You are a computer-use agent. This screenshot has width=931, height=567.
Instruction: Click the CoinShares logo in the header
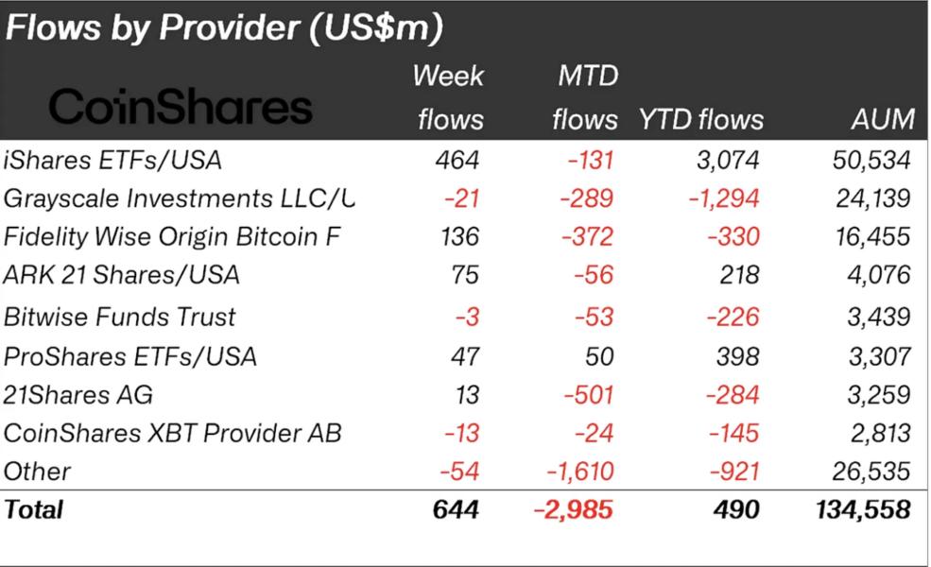(x=181, y=107)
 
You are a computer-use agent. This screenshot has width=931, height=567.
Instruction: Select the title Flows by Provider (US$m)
(x=224, y=27)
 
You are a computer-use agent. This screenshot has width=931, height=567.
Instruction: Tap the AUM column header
(x=882, y=119)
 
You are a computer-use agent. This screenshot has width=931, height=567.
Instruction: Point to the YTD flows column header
(x=701, y=119)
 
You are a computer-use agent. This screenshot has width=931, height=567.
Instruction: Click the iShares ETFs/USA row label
(x=112, y=161)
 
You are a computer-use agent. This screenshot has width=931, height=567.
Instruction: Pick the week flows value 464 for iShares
(x=457, y=161)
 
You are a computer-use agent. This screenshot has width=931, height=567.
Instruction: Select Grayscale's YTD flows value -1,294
(x=724, y=198)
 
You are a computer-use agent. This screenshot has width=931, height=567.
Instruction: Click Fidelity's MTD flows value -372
(x=587, y=237)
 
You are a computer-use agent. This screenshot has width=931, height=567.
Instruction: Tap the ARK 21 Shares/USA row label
(x=121, y=275)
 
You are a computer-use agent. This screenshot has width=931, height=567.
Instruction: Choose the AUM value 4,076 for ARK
(x=879, y=275)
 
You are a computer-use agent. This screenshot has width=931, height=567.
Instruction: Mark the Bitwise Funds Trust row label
(x=119, y=317)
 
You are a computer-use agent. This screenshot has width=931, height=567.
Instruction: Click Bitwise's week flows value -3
(x=467, y=317)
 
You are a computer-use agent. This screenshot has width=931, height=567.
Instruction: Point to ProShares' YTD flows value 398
(x=737, y=356)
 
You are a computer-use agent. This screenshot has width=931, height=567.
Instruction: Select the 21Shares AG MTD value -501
(x=588, y=395)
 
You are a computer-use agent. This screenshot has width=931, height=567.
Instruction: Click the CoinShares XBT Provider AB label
(x=172, y=433)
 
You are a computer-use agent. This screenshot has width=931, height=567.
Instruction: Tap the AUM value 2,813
(x=881, y=433)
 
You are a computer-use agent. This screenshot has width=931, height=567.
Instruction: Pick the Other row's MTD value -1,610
(x=580, y=472)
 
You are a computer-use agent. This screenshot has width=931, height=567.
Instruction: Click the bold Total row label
(x=33, y=509)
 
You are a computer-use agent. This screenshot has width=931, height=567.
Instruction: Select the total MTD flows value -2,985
(x=573, y=510)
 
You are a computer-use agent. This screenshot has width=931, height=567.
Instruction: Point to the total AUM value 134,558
(x=863, y=510)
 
